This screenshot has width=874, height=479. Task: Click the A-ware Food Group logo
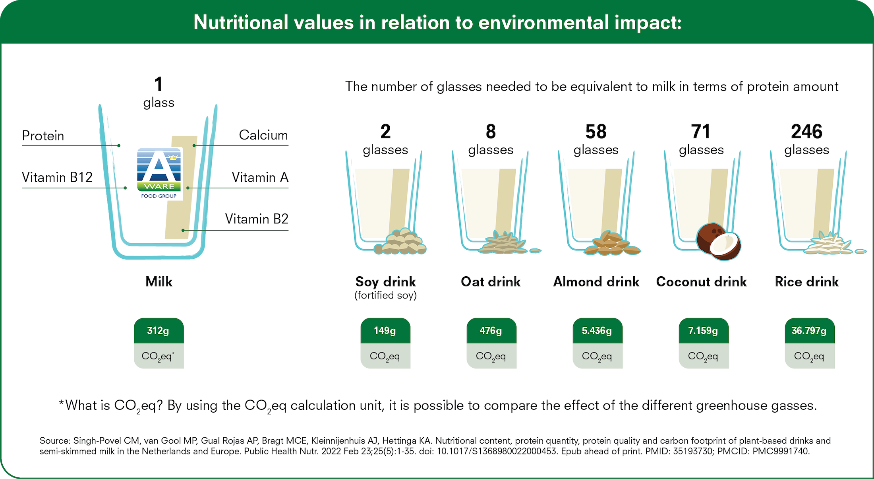coord(159,174)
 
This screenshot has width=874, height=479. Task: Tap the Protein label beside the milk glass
coord(43,136)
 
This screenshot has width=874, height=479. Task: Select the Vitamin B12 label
coord(57,177)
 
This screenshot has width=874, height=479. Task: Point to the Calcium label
coord(263,135)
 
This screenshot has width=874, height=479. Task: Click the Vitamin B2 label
coord(257,219)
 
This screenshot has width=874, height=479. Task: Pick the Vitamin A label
coord(260,177)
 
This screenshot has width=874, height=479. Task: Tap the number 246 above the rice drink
coord(806,132)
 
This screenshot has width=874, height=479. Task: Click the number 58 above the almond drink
coord(596,132)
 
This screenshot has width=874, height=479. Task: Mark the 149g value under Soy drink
coord(385,331)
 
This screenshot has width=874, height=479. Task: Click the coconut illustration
coord(719,241)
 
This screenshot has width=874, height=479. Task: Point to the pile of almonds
coord(612,243)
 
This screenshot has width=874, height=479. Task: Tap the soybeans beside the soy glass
coord(400,241)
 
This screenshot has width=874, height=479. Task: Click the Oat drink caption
coord(491,282)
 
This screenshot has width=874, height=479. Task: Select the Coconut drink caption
coord(702,282)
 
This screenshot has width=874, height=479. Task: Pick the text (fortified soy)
coord(385,295)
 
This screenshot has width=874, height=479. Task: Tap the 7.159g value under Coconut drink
coord(703,331)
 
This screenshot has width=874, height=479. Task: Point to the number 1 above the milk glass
coord(159,84)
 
